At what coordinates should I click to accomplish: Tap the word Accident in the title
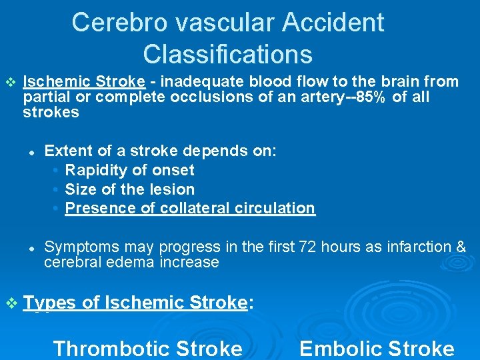pyautogui.click(x=333, y=23)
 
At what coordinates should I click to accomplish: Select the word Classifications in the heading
pyautogui.click(x=227, y=54)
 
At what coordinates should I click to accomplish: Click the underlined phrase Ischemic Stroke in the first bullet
pyautogui.click(x=84, y=82)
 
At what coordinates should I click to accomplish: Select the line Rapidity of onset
pyautogui.click(x=129, y=170)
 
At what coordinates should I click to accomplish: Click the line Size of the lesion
pyautogui.click(x=129, y=189)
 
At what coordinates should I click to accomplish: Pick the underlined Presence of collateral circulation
pyautogui.click(x=190, y=208)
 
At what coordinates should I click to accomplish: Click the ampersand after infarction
pyautogui.click(x=461, y=247)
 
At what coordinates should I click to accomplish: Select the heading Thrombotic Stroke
pyautogui.click(x=147, y=348)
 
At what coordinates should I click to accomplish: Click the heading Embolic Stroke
pyautogui.click(x=377, y=348)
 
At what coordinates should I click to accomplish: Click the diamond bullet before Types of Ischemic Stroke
pyautogui.click(x=10, y=303)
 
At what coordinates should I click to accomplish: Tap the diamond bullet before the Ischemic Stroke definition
pyautogui.click(x=9, y=82)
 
